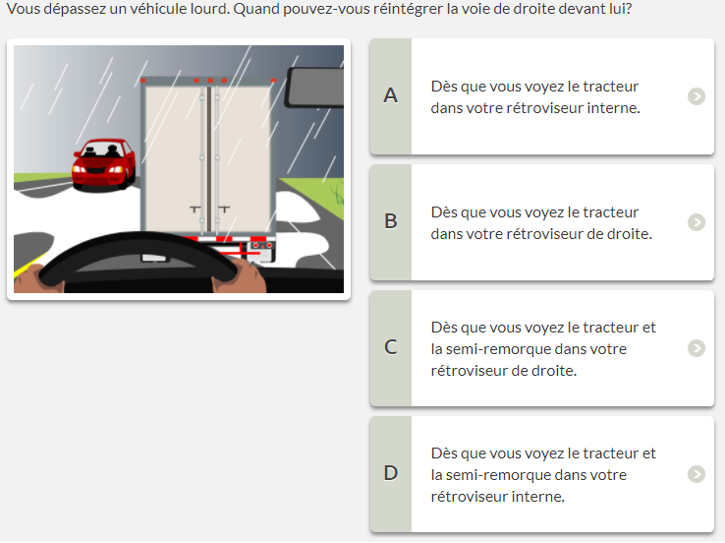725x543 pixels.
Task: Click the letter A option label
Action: (391, 95)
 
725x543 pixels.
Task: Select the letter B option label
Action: (391, 221)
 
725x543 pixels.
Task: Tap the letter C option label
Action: (391, 347)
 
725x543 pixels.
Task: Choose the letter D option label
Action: (391, 473)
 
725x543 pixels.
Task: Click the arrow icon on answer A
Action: (697, 96)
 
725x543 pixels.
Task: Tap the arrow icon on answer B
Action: (697, 222)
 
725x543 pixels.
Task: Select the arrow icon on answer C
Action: (697, 348)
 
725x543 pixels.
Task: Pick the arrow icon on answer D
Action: (697, 474)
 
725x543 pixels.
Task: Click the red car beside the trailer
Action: (103, 165)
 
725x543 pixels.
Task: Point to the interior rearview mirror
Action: (315, 87)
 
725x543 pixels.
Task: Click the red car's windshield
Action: (101, 150)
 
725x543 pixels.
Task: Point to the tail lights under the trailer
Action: (261, 245)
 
